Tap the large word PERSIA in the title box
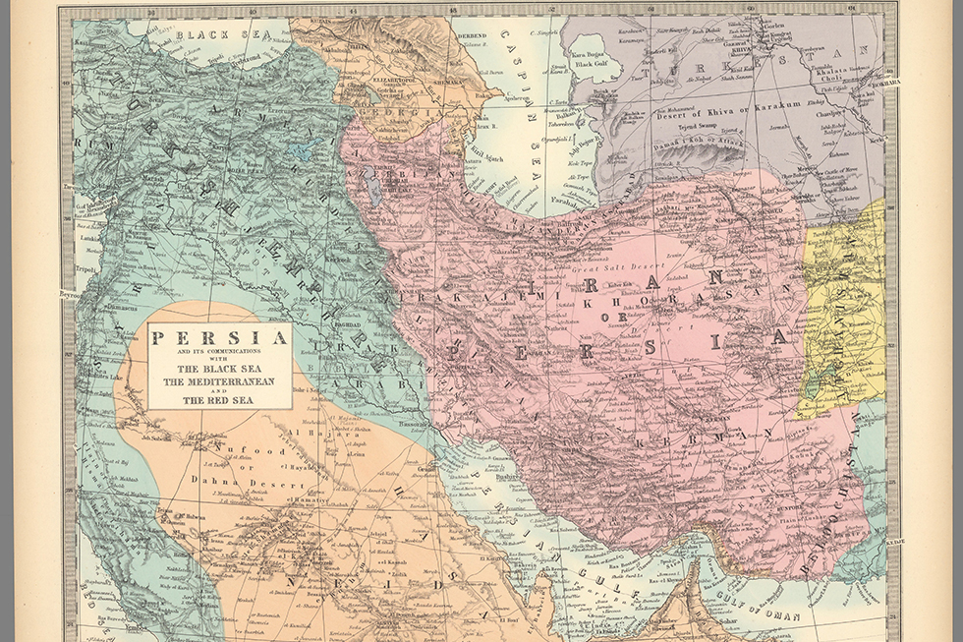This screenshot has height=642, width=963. coord(219,338)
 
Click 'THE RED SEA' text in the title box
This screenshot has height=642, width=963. coord(219,400)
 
